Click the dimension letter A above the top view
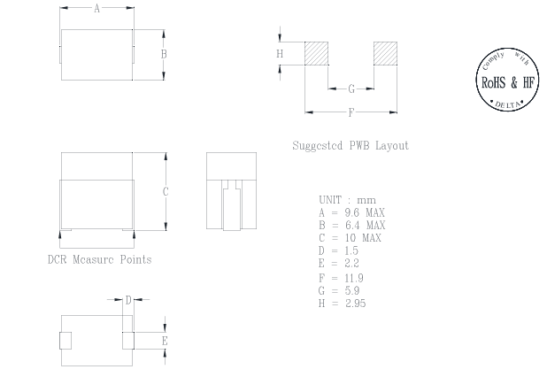coord(96,8)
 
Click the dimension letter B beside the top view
coord(165,54)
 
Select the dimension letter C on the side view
coord(166,192)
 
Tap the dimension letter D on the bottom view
coord(127,300)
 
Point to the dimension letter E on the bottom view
coord(165,341)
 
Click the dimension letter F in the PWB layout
coord(351,112)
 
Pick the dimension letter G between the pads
coord(351,88)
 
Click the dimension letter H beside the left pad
coord(280,54)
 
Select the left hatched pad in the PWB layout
coord(316,53)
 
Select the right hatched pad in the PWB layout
coord(385,53)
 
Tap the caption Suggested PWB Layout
coord(351,146)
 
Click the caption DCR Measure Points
coord(99,259)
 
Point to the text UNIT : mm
coord(347,201)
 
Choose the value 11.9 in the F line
coord(353,278)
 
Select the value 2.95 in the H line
coord(354,304)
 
